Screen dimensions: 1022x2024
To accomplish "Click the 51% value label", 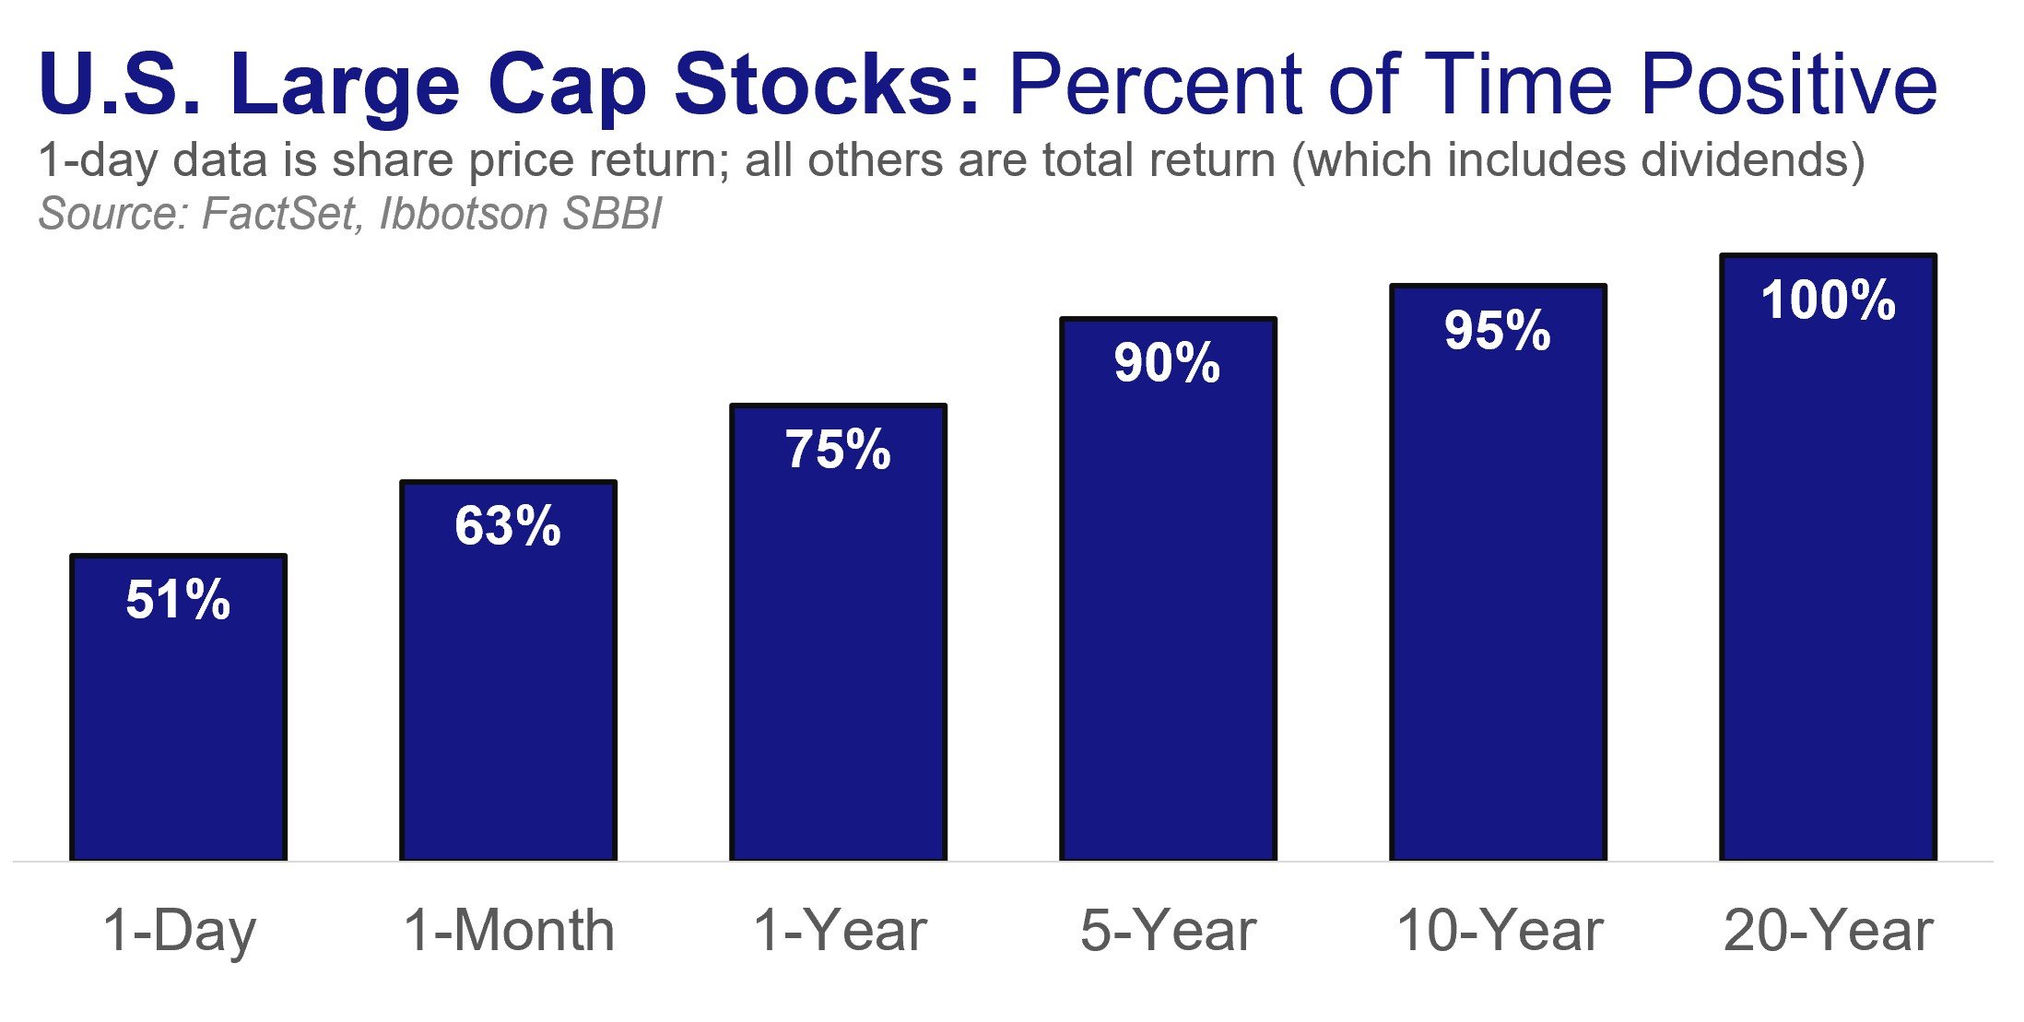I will click(178, 600).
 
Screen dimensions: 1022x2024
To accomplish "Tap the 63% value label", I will click(508, 526).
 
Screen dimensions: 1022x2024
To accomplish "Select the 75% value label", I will click(838, 450).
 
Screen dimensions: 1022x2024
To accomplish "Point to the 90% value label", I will click(1167, 362).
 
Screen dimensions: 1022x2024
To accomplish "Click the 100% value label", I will click(1828, 300).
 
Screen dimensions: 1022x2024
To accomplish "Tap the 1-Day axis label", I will click(179, 931).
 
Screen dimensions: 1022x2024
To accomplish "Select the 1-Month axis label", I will click(509, 931).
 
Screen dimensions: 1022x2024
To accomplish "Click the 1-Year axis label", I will click(839, 931).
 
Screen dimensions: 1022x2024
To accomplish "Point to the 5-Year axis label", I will click(1168, 931).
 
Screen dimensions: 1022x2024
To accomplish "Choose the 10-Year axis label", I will click(1500, 931).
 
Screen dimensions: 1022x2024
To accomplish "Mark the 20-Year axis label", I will click(1828, 931).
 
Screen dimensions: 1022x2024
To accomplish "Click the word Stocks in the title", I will click(826, 85).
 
